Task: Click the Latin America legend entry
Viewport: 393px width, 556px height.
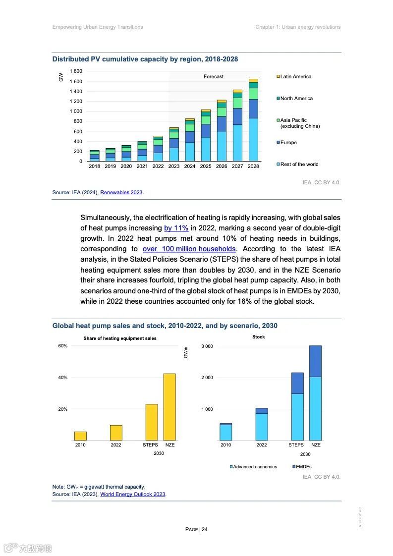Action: click(x=295, y=77)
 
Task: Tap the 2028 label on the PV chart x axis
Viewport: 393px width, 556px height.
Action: click(x=253, y=167)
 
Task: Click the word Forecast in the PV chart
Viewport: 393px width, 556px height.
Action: click(x=214, y=77)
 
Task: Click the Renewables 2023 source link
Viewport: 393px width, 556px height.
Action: click(x=121, y=192)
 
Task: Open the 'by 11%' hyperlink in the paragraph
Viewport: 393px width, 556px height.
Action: click(x=176, y=228)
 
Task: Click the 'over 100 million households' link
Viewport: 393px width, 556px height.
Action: click(x=189, y=249)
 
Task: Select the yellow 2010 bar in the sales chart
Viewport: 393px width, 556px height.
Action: click(x=80, y=436)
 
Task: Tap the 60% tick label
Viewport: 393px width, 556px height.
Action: click(x=62, y=346)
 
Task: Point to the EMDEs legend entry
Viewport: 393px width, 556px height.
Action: click(x=303, y=467)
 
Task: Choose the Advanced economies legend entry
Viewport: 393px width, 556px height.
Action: click(x=255, y=467)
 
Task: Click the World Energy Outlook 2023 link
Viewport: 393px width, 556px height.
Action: click(x=133, y=494)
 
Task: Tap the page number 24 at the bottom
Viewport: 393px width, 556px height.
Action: click(x=204, y=529)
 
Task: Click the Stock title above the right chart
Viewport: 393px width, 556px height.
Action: click(x=258, y=337)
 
